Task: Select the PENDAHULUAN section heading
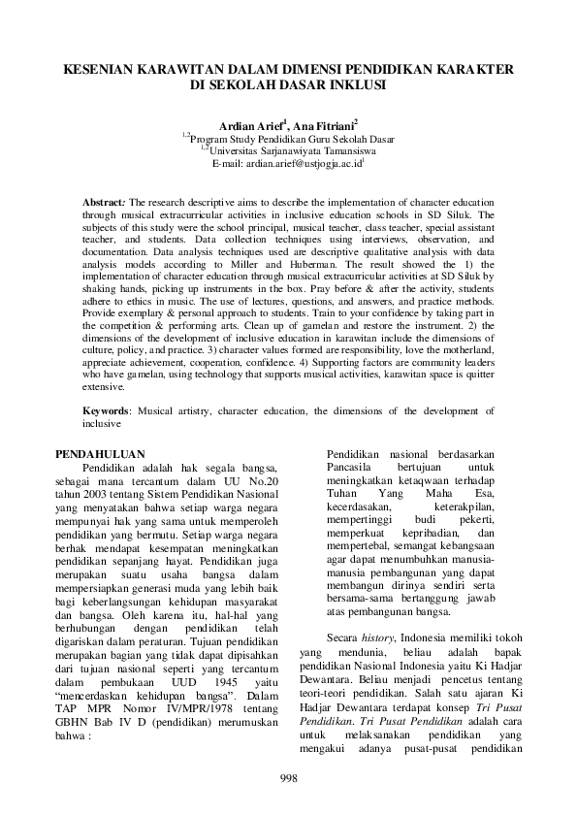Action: coord(100,453)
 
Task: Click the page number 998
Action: coord(288,778)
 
